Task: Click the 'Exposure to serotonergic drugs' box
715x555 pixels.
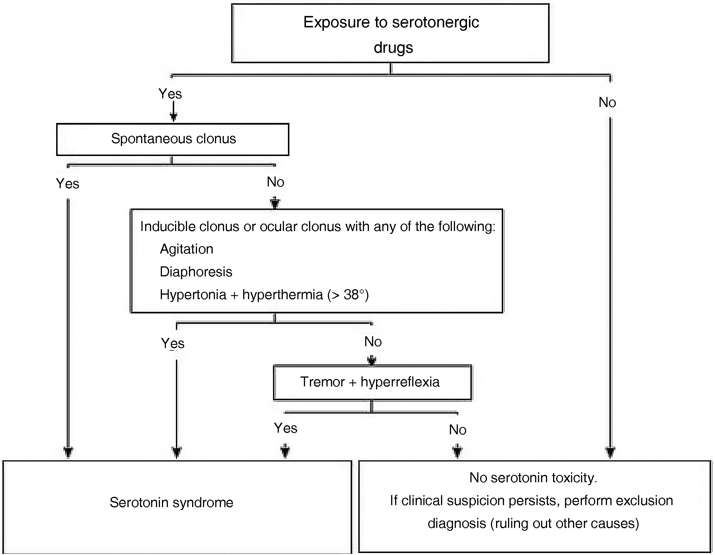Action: tap(390, 33)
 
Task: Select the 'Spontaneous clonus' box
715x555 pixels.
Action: tap(173, 139)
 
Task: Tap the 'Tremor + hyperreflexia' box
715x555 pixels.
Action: tap(372, 382)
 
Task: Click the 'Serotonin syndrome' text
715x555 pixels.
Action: tap(171, 502)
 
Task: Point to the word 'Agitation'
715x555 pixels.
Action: tap(186, 249)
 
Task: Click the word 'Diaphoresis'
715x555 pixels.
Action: tap(196, 272)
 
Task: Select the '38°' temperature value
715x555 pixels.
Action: tap(354, 295)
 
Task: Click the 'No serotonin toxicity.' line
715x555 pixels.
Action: tap(533, 478)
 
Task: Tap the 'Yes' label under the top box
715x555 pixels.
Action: tap(170, 94)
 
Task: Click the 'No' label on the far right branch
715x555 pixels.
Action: tap(607, 102)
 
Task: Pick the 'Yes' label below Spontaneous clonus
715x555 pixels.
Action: tap(68, 184)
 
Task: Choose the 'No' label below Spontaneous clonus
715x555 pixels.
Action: tap(275, 182)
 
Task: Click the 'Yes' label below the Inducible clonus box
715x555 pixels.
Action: tap(172, 343)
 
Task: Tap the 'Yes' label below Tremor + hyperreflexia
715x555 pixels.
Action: tap(285, 428)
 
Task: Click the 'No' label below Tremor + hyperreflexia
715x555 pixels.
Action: tap(457, 430)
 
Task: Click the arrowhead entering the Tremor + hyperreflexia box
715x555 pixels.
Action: tap(371, 361)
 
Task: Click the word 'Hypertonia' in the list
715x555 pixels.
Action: tap(193, 295)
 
